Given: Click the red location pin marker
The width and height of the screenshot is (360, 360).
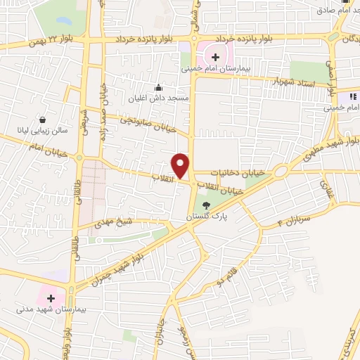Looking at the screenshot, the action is [181, 165].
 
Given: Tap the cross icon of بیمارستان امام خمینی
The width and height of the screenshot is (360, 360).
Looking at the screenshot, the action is [215, 56].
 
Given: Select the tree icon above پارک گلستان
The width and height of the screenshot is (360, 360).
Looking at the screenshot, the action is [206, 206].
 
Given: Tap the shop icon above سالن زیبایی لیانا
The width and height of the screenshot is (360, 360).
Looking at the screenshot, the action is [44, 120].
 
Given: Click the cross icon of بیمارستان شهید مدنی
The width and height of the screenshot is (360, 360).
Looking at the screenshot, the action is [51, 298].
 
